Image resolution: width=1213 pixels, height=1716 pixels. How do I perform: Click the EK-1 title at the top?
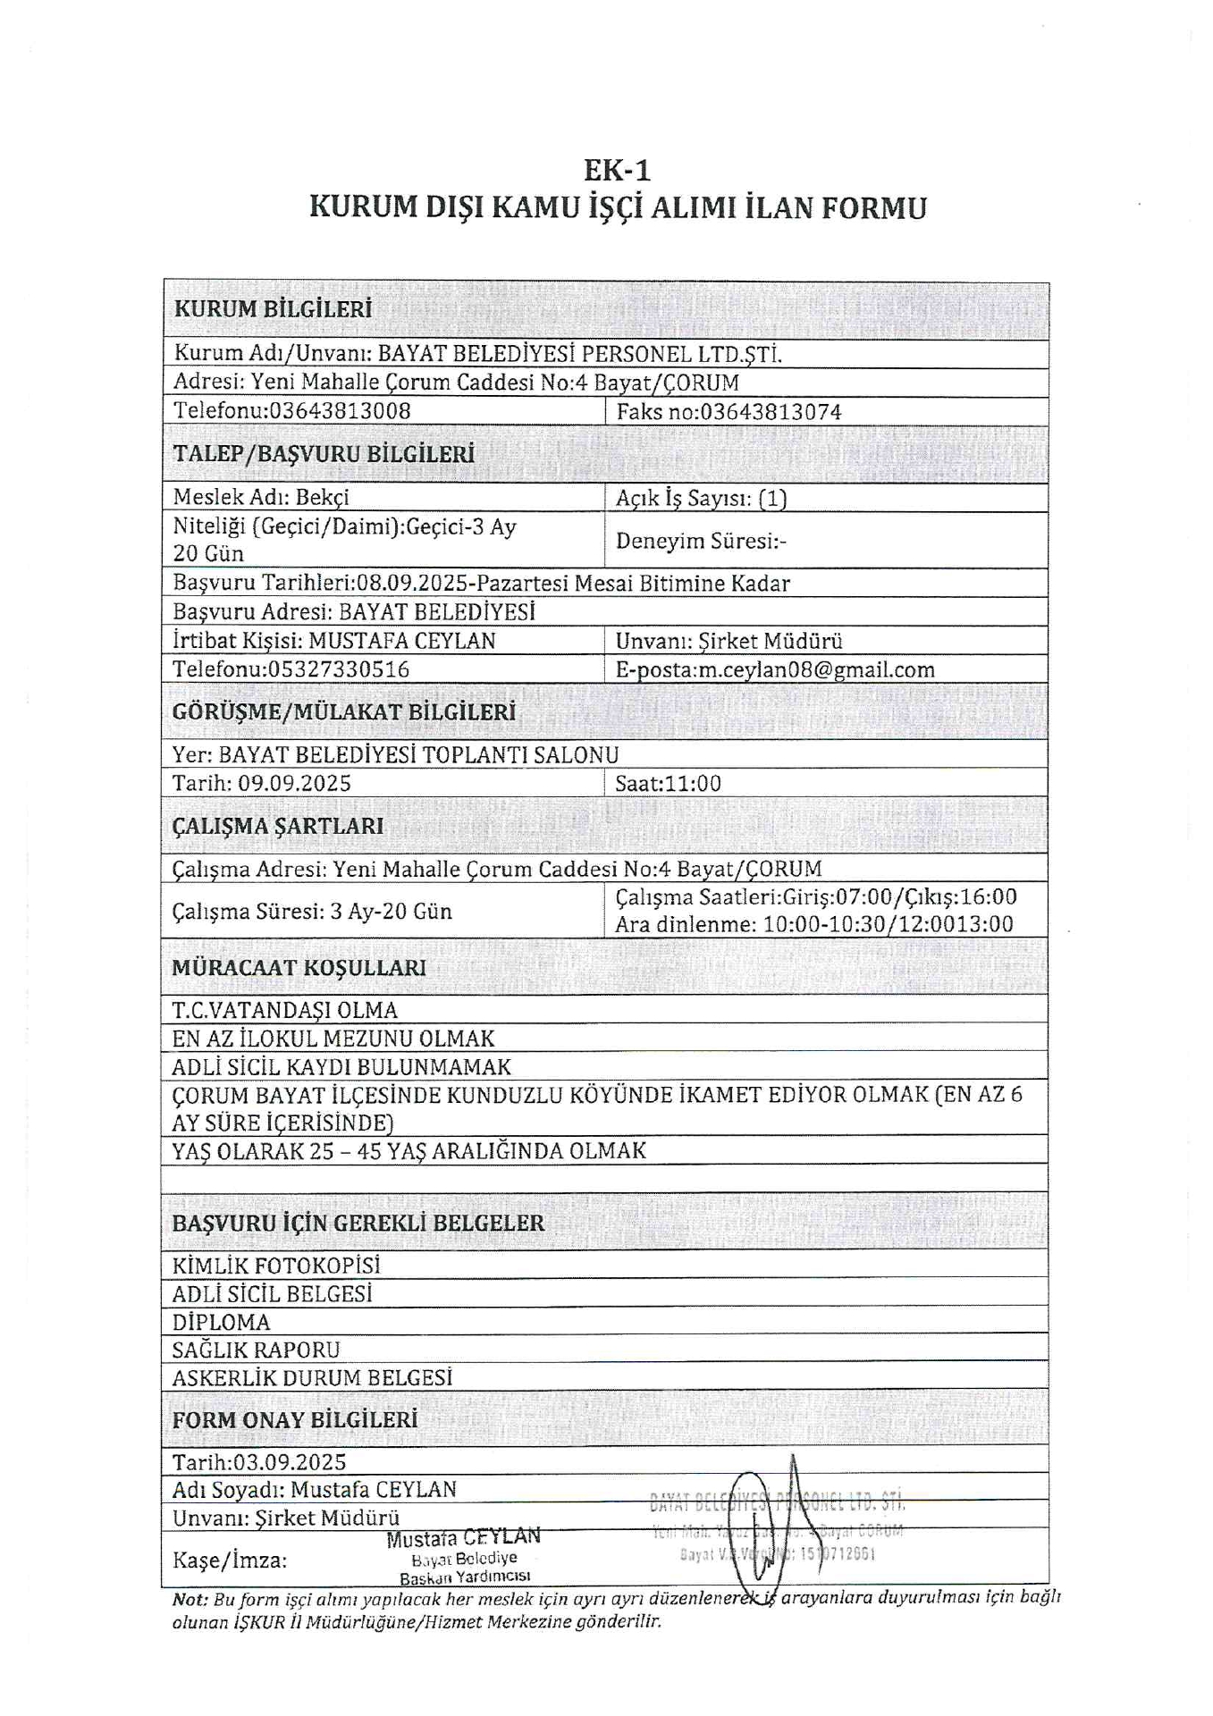[x=616, y=169]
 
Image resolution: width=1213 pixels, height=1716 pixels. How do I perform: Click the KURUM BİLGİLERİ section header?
[x=272, y=309]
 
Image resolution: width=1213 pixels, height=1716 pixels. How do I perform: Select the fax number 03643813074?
[x=771, y=412]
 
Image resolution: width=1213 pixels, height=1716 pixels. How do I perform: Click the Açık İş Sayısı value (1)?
[x=772, y=499]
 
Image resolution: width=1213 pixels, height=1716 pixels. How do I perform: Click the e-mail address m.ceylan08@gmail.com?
[x=816, y=669]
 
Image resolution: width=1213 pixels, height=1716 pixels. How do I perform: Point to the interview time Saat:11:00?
[x=668, y=784]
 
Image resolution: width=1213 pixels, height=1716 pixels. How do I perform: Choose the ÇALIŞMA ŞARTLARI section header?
[x=277, y=826]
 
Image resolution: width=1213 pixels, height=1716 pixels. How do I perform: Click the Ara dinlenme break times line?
[x=813, y=924]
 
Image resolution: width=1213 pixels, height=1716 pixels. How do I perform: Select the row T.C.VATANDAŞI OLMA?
[x=285, y=1010]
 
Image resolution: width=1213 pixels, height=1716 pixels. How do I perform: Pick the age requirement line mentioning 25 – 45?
[x=409, y=1150]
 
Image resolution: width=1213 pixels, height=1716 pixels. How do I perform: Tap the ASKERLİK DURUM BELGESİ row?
[x=312, y=1377]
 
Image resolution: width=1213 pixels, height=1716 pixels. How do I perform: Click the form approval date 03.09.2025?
[x=290, y=1462]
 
